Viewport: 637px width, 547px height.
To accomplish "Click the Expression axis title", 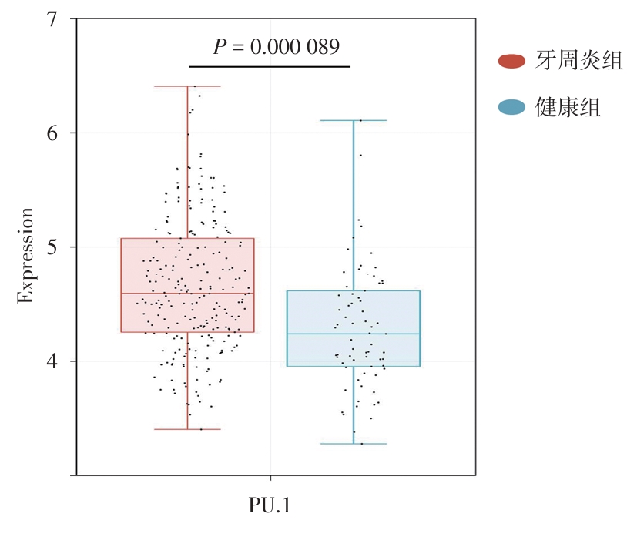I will pos(26,256).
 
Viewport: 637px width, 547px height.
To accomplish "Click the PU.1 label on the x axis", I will pos(270,505).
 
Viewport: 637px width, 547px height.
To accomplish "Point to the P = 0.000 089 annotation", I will pos(277,47).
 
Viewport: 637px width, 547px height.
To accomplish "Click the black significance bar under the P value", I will pos(270,67).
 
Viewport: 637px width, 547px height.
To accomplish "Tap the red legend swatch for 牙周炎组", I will pos(512,61).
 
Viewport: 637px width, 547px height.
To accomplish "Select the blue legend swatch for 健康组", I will pos(512,107).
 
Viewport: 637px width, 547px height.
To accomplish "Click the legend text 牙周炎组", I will pos(579,61).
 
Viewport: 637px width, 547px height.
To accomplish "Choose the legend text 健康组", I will pos(568,107).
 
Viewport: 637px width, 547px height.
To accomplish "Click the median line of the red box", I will pos(187,294).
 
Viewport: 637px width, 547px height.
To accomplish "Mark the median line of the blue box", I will pos(354,334).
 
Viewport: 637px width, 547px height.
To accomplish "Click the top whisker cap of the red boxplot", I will pos(187,86).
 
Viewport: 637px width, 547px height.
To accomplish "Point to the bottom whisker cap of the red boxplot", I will pos(187,429).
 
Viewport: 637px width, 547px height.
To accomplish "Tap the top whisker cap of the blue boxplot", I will pos(354,121).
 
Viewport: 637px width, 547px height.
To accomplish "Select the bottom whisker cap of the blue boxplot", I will pos(354,444).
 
